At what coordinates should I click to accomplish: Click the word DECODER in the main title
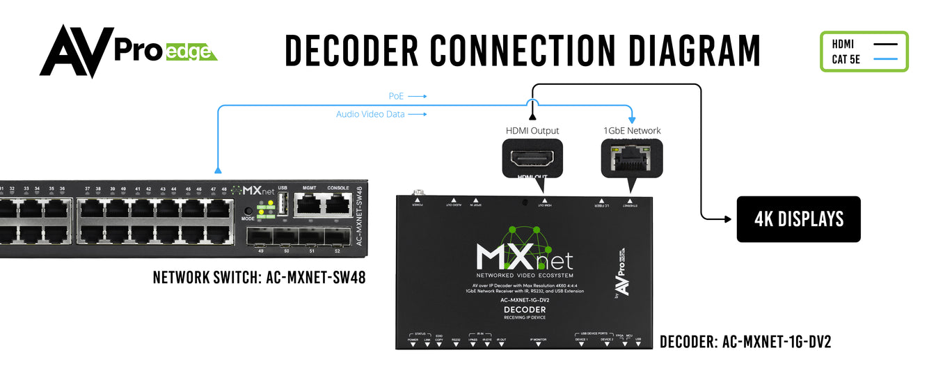pos(351,50)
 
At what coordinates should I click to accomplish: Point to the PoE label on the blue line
pos(396,96)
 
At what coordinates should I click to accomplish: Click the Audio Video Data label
pos(370,114)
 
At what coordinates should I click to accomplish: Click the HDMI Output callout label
pos(532,131)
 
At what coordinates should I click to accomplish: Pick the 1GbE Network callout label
pos(633,131)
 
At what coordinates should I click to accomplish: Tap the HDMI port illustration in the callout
pos(532,159)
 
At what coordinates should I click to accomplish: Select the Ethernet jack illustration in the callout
pos(633,158)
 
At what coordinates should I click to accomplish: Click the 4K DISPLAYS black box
pos(798,219)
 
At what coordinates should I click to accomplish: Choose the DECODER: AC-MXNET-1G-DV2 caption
pos(745,342)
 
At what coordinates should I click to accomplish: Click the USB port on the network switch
pos(283,204)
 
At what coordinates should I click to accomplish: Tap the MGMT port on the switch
pos(309,203)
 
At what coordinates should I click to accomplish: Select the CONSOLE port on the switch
pos(338,203)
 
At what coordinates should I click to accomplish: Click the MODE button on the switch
pos(248,212)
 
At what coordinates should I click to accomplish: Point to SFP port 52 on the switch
pos(338,237)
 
